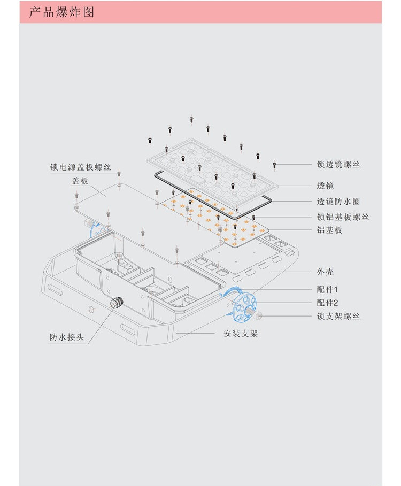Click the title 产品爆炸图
(61, 12)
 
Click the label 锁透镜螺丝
(338, 164)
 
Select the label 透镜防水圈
(338, 202)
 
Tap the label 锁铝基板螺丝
(343, 217)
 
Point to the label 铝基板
(329, 230)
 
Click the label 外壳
(325, 272)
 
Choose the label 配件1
(327, 289)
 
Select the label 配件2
(327, 302)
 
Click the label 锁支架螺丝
(338, 316)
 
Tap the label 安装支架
(241, 334)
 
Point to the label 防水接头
(67, 337)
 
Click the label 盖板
(80, 181)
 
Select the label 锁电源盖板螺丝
(81, 167)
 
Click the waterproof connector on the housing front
(115, 303)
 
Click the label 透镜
(325, 186)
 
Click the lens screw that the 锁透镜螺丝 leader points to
(275, 165)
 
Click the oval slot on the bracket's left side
(56, 289)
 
